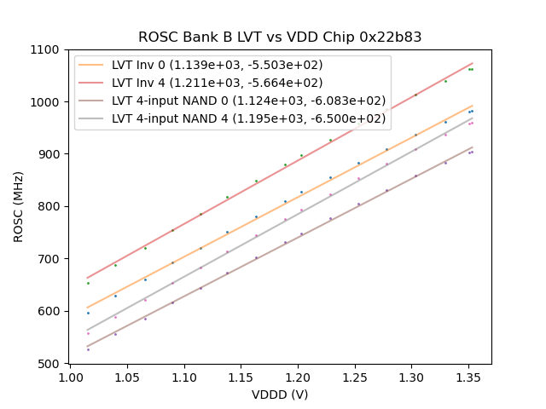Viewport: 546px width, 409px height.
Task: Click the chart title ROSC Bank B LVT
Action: pyautogui.click(x=280, y=37)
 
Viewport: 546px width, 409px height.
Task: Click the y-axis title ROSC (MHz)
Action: pyautogui.click(x=19, y=206)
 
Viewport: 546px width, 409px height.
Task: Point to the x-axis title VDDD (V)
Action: pyautogui.click(x=280, y=395)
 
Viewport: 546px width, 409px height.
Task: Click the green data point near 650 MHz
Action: pyautogui.click(x=88, y=283)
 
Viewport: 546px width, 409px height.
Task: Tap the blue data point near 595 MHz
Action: pyautogui.click(x=88, y=313)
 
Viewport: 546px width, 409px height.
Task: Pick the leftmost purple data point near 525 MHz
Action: pyautogui.click(x=88, y=349)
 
